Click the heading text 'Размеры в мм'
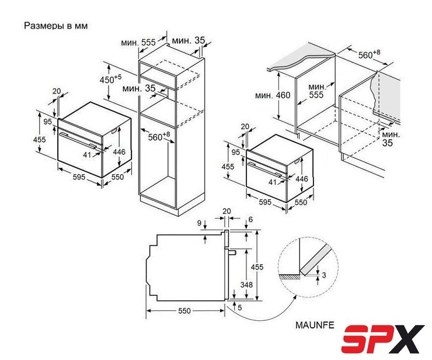pos(56,26)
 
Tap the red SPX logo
pos(383,339)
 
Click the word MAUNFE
pos(315,325)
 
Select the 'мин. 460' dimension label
pos(273,95)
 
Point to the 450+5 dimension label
pos(110,79)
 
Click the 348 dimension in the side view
pos(246,285)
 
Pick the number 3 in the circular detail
pos(324,275)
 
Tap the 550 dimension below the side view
pos(184,311)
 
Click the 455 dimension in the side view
pos(257,266)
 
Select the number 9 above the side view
pos(200,223)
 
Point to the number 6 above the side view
pos(250,219)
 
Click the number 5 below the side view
pos(240,307)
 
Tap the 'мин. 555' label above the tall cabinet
pos(138,43)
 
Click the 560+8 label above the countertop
pos(369,54)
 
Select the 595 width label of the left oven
pos(79,177)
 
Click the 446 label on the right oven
pos(302,179)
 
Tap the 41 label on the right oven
pos(273,182)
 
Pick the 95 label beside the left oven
pos(48,122)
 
